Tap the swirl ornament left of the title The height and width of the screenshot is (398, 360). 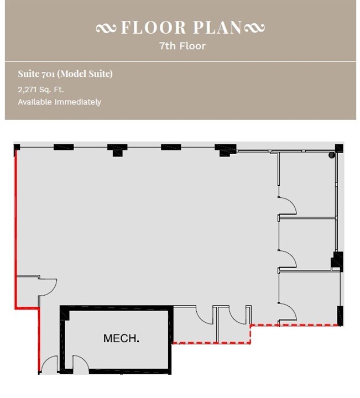(x=107, y=28)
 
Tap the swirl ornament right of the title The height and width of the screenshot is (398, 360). (x=254, y=28)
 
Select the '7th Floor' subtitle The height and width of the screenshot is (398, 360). (x=182, y=46)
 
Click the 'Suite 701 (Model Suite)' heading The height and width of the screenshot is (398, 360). (x=65, y=74)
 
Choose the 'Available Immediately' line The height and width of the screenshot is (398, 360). (x=59, y=102)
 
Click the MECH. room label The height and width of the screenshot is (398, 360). (x=121, y=338)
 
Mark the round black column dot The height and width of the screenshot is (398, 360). (x=332, y=155)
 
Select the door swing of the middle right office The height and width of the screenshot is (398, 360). (x=288, y=259)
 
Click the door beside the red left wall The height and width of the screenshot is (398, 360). (x=46, y=285)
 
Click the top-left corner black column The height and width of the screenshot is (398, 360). (x=17, y=147)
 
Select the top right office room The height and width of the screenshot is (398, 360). (x=307, y=185)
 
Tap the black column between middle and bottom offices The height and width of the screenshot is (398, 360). (x=337, y=260)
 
